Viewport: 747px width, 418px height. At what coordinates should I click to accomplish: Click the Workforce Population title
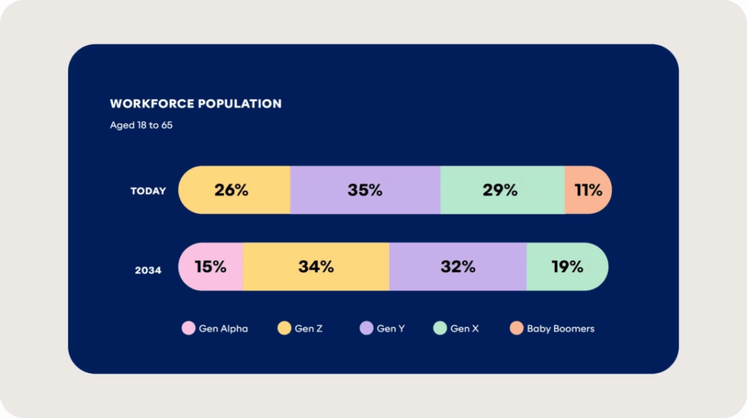(196, 104)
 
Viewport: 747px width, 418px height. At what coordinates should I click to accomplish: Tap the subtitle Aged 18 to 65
(141, 125)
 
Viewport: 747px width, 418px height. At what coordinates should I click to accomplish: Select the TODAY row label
(148, 191)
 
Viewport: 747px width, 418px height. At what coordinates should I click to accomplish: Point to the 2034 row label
(147, 270)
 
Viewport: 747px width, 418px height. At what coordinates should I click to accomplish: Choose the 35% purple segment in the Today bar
(365, 190)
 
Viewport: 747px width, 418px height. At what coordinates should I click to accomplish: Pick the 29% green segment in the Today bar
(501, 190)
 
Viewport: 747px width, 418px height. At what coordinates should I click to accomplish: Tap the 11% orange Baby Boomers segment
(587, 190)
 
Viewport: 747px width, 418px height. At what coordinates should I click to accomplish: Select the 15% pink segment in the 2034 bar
(211, 267)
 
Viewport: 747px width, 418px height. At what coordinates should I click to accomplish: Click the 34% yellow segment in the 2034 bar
(316, 267)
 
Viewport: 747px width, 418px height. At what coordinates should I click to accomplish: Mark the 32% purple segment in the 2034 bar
(457, 267)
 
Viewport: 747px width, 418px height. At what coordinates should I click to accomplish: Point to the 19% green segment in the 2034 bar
(567, 267)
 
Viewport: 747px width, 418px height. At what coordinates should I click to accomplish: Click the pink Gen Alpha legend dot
(188, 329)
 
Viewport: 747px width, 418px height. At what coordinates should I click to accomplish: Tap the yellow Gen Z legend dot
(284, 329)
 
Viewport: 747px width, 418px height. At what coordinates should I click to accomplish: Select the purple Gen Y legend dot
(366, 329)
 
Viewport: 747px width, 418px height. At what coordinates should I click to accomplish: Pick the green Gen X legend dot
(440, 329)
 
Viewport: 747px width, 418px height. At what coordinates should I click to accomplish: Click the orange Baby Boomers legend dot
(516, 329)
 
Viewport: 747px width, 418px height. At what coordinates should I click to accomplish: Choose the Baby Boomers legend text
(560, 329)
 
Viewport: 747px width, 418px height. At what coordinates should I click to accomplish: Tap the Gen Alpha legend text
(223, 329)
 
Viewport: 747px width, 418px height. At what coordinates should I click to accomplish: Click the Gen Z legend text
(309, 329)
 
